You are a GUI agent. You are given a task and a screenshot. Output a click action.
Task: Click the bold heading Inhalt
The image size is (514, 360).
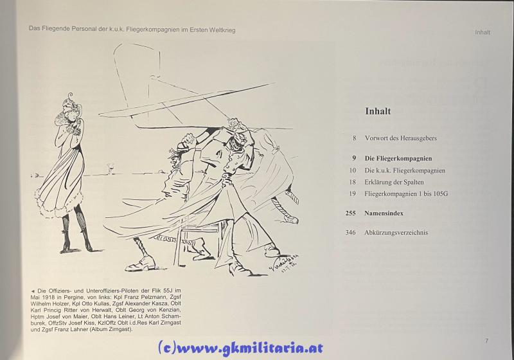[378, 111]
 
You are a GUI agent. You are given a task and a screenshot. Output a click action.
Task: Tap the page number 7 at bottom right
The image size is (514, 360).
[486, 341]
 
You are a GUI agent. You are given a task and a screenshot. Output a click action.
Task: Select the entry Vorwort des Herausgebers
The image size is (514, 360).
[400, 138]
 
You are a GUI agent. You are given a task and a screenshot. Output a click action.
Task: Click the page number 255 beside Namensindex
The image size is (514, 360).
[350, 213]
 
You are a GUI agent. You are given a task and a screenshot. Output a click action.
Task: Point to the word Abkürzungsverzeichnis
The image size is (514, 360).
[396, 233]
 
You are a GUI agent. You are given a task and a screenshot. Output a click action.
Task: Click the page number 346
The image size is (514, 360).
[350, 233]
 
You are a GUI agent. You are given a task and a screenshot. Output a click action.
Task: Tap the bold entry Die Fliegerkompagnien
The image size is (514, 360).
[398, 158]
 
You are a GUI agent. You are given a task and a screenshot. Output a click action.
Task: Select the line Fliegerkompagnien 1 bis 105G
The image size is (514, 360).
[406, 194]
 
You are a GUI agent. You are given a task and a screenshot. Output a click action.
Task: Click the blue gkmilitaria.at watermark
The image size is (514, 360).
[240, 348]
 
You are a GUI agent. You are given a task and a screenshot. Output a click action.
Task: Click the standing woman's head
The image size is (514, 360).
[71, 105]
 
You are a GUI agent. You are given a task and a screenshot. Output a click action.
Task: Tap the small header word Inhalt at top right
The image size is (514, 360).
[483, 32]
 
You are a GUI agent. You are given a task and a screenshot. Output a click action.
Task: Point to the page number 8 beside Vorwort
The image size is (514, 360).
[354, 138]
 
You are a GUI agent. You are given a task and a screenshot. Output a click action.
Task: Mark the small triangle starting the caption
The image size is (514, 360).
[33, 291]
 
